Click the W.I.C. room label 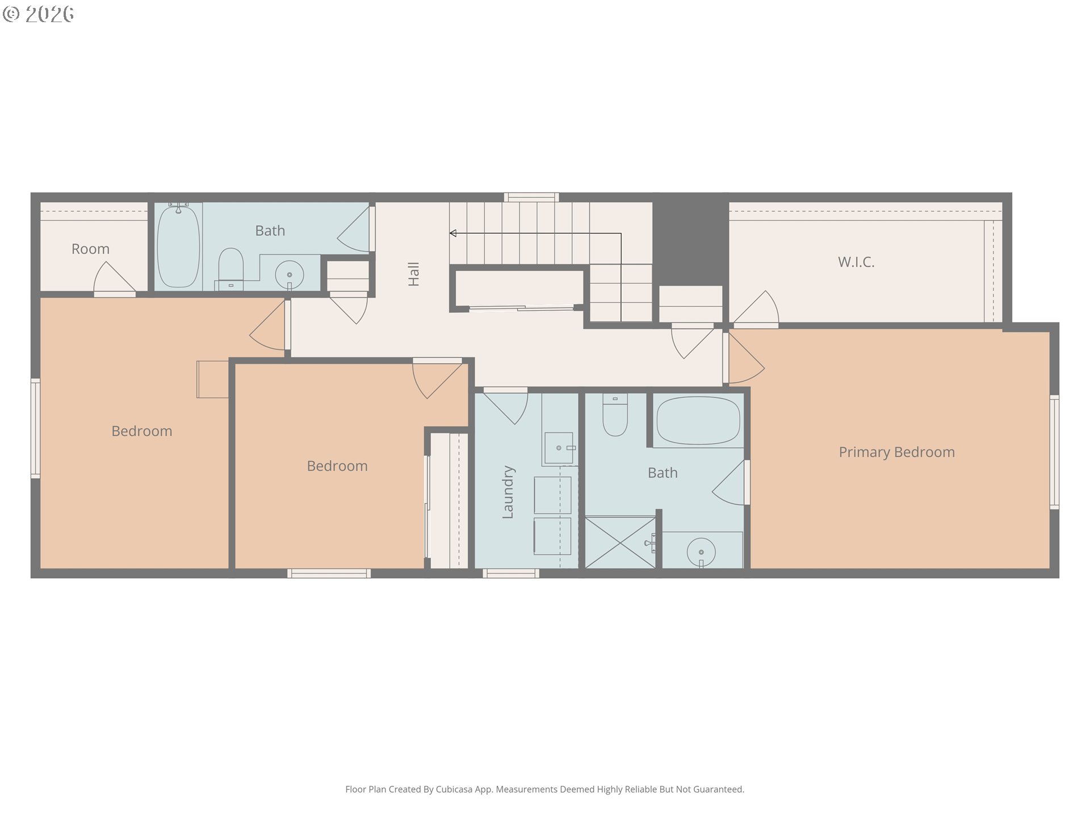point(856,262)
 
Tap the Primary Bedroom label point(897,452)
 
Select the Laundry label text point(508,492)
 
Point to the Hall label point(414,274)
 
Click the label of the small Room point(90,249)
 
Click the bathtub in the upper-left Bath point(178,246)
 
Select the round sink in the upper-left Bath point(290,275)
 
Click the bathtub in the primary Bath point(698,420)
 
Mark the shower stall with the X point(621,542)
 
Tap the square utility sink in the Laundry point(559,448)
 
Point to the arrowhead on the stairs point(453,233)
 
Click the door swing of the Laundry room point(505,406)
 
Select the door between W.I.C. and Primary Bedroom point(754,309)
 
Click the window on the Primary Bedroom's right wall point(1054,452)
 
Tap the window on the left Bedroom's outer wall point(35,428)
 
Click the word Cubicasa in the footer point(454,789)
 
